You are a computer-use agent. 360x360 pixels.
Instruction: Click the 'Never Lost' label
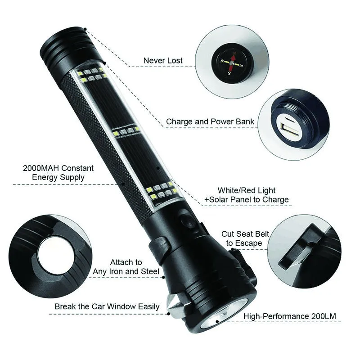pyautogui.click(x=163, y=60)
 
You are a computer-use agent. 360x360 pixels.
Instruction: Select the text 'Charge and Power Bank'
pyautogui.click(x=210, y=121)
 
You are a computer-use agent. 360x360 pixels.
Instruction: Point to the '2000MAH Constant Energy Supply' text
pyautogui.click(x=58, y=173)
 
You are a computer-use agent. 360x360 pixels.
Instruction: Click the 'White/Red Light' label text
pyautogui.click(x=247, y=190)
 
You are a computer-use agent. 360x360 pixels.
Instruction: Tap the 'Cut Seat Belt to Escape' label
pyautogui.click(x=245, y=238)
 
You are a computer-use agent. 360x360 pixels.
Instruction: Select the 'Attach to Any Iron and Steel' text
pyautogui.click(x=126, y=267)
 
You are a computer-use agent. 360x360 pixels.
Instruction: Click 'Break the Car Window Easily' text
pyautogui.click(x=107, y=306)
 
